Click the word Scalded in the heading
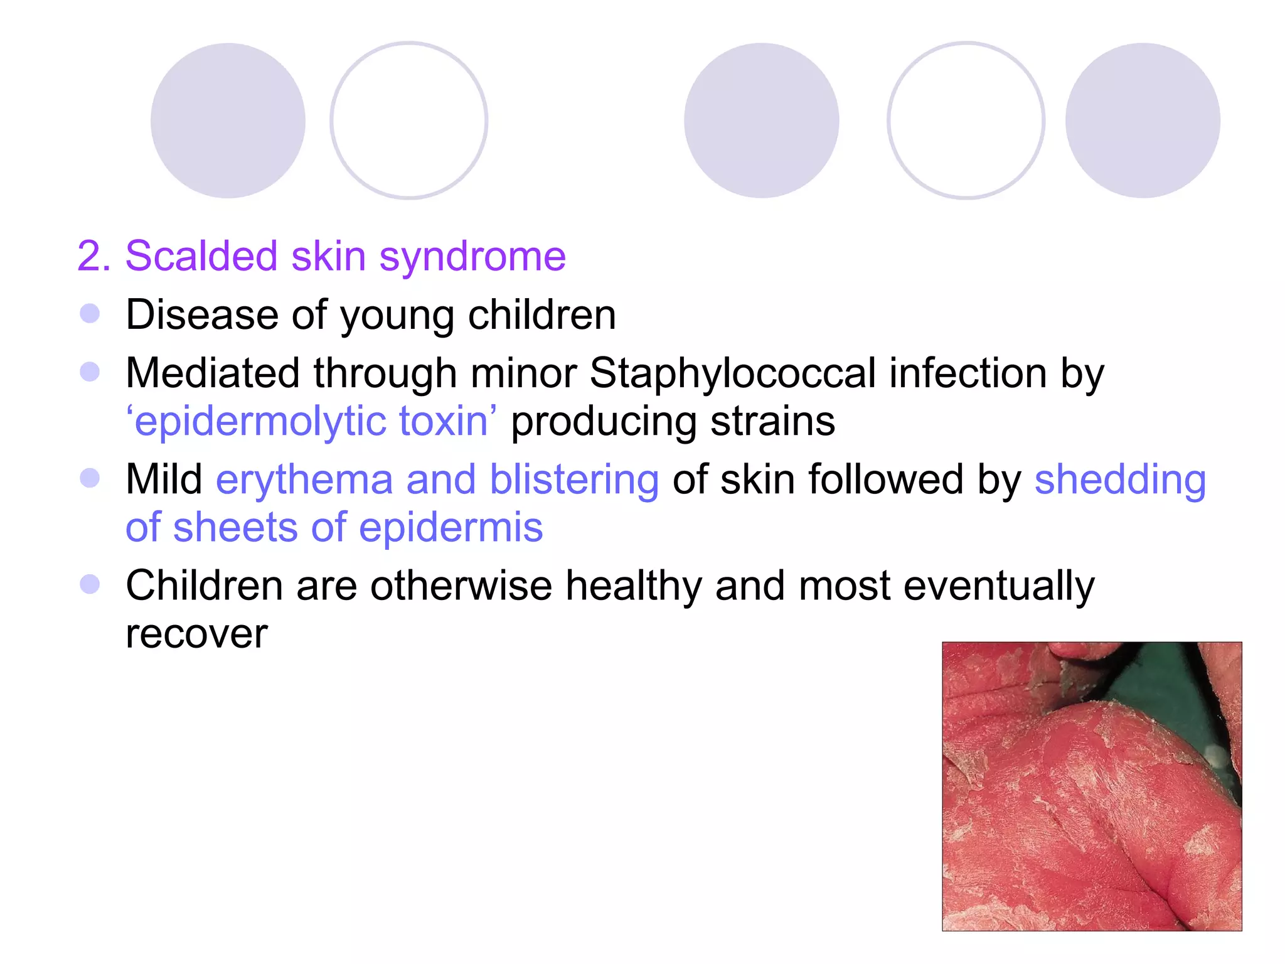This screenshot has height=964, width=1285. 201,256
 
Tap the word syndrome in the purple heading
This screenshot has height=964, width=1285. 472,257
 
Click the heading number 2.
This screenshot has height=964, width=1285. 93,256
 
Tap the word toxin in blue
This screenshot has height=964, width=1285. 445,421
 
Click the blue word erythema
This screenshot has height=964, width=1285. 304,480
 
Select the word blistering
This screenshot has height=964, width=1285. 574,480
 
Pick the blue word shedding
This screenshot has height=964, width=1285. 1120,480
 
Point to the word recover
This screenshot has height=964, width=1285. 196,634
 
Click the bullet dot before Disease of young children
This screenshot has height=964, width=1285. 90,314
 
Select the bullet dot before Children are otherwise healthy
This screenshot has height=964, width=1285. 90,585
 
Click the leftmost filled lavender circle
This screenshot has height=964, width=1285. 228,120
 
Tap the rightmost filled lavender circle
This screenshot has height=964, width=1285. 1143,120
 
